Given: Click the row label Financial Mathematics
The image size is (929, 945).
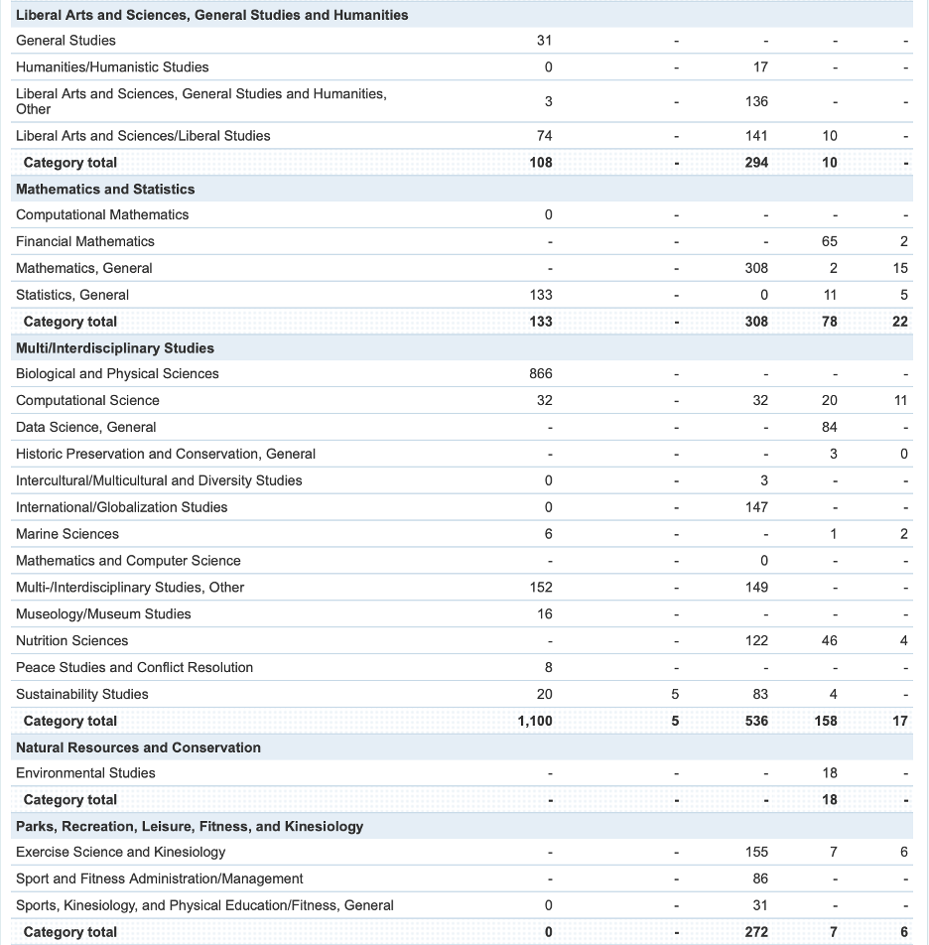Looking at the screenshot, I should pyautogui.click(x=85, y=241).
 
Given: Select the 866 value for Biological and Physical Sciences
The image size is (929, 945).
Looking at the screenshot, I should pyautogui.click(x=540, y=373).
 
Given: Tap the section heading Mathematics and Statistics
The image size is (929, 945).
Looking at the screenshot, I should pyautogui.click(x=105, y=189).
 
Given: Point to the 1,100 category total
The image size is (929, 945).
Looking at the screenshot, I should pyautogui.click(x=534, y=721).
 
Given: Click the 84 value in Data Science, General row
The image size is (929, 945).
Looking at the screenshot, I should pyautogui.click(x=829, y=427).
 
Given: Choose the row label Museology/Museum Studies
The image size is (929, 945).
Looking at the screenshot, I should pyautogui.click(x=103, y=613).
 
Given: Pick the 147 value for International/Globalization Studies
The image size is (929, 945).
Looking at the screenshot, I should pyautogui.click(x=756, y=507).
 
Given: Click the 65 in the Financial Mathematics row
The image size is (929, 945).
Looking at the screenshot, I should pyautogui.click(x=829, y=241).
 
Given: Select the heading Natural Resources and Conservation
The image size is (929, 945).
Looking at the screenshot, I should pyautogui.click(x=138, y=747).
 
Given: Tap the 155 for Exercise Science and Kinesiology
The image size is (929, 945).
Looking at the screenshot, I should pyautogui.click(x=756, y=852).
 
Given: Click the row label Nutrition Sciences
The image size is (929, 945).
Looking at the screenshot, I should pyautogui.click(x=71, y=640).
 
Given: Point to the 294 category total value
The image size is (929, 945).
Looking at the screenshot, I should pyautogui.click(x=756, y=163).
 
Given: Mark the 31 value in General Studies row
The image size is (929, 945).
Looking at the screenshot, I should pyautogui.click(x=544, y=40).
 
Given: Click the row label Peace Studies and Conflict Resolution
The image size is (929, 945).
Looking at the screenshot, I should pyautogui.click(x=134, y=667).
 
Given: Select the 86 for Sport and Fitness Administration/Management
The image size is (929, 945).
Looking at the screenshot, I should pyautogui.click(x=759, y=878).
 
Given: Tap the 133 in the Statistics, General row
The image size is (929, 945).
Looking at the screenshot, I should pyautogui.click(x=540, y=295).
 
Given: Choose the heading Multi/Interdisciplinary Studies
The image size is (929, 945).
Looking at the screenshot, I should pyautogui.click(x=115, y=347).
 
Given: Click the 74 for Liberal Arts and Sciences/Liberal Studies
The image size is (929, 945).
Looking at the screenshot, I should pyautogui.click(x=544, y=136).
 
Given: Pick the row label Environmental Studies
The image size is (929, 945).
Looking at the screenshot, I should pyautogui.click(x=85, y=773).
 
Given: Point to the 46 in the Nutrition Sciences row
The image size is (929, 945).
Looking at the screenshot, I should pyautogui.click(x=829, y=640).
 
